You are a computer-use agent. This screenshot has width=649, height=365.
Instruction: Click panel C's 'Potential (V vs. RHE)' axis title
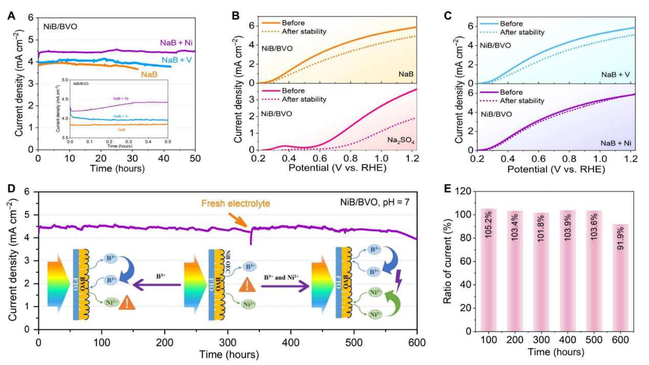pyautogui.click(x=555, y=169)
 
